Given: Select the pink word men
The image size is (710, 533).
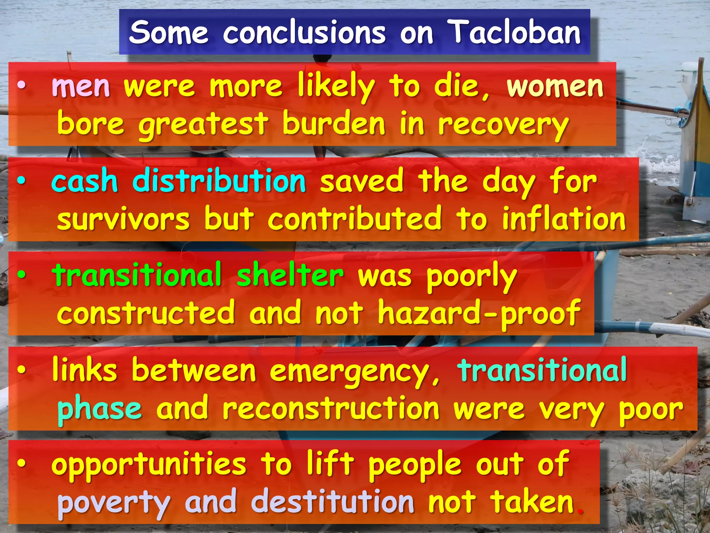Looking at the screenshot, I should tap(81, 87).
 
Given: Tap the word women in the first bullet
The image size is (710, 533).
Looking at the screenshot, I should tap(555, 87).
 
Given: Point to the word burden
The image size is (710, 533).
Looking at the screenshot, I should tap(334, 124).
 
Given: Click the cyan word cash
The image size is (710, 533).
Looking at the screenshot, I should tap(85, 181).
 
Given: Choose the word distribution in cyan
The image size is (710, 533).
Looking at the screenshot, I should tap(219, 181).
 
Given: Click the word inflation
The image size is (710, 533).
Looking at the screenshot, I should tap(564, 219).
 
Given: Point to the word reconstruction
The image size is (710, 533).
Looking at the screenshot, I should tap(331, 408).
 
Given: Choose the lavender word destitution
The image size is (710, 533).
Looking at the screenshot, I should tap(332, 502).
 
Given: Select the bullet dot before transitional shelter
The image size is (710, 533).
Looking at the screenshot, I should tap(21, 275).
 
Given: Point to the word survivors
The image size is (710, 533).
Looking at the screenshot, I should tap(123, 219).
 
